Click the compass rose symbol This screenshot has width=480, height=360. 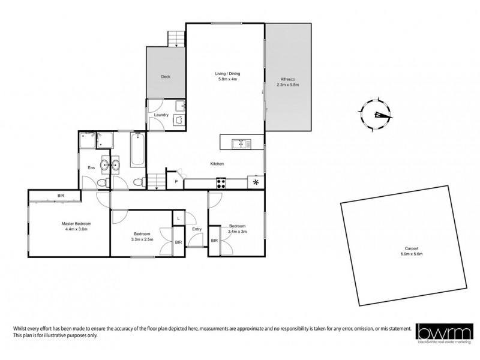pos(375,113)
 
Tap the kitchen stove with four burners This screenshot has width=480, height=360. pos(221,183)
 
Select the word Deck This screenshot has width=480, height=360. pos(166,77)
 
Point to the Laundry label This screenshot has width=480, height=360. pos(161,115)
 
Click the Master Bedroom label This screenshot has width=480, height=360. pos(76,226)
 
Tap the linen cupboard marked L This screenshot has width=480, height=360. pos(179,219)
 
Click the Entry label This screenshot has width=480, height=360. pos(197,229)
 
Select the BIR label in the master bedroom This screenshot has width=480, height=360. pos(61,196)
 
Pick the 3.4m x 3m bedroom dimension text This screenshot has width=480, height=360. pos(237,231)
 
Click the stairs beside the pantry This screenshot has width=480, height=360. pos(156,180)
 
